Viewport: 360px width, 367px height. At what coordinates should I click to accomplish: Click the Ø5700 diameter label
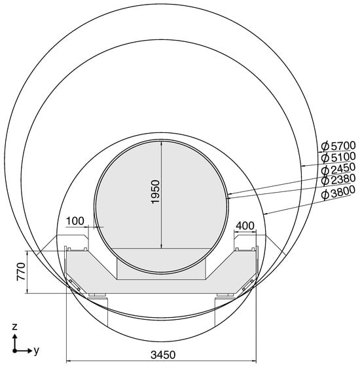[338, 146]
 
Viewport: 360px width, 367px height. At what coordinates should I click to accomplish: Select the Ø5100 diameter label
[338, 157]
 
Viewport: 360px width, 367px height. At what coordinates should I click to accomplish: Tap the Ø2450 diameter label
[338, 169]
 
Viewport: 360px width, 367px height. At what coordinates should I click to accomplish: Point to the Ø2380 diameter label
[338, 180]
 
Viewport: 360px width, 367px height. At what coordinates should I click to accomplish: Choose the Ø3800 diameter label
[338, 193]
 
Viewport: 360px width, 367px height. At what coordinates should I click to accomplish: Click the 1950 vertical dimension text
[155, 191]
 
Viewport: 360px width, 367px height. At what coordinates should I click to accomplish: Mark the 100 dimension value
[75, 221]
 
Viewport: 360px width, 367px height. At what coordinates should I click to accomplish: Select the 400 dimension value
[245, 226]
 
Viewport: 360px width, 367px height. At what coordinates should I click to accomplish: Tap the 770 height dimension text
[21, 271]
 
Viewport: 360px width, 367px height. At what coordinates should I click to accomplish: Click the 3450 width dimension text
[163, 355]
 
